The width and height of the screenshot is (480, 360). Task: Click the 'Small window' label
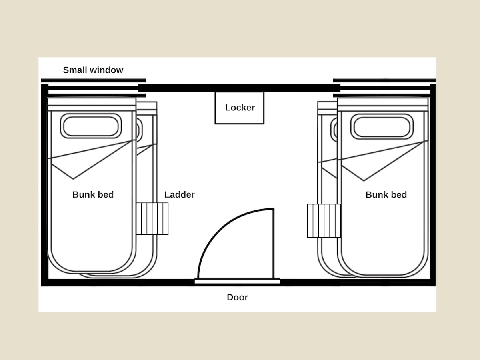[x=93, y=70]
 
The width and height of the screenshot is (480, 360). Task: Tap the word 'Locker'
[x=240, y=108]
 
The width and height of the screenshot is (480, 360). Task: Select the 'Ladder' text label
[x=179, y=194]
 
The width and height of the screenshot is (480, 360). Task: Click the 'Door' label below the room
[x=237, y=297]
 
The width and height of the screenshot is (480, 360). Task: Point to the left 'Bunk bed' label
[x=93, y=194]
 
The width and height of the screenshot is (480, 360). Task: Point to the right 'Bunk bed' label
[x=386, y=194]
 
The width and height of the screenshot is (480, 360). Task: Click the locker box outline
[x=215, y=108]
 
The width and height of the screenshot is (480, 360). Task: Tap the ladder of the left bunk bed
[x=152, y=219]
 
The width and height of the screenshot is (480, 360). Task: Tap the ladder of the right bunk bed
[x=324, y=220]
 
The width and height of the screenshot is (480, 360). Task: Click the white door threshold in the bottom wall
[x=237, y=281]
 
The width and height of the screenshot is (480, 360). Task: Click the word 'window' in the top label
[x=106, y=70]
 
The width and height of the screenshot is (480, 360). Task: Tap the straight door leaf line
[x=273, y=244]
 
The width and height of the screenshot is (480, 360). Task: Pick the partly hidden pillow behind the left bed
[x=140, y=130]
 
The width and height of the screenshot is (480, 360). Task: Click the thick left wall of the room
[x=45, y=185]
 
